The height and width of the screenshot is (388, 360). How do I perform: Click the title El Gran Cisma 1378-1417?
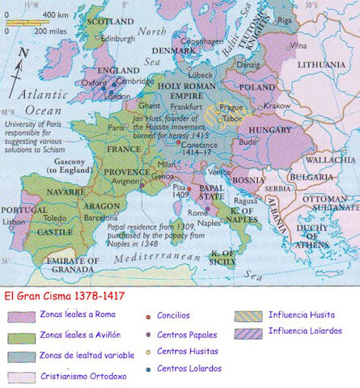[64, 297]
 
